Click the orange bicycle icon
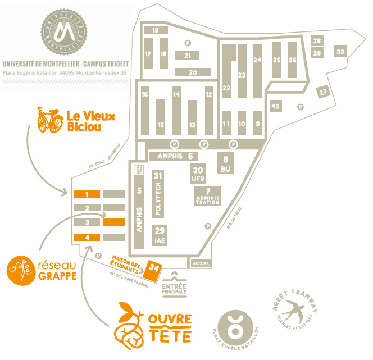[49, 121]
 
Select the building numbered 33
[340, 52]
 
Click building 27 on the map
[322, 92]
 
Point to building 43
[275, 106]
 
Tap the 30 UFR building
[198, 174]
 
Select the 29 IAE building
[160, 234]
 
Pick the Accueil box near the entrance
[201, 263]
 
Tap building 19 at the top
[156, 30]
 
